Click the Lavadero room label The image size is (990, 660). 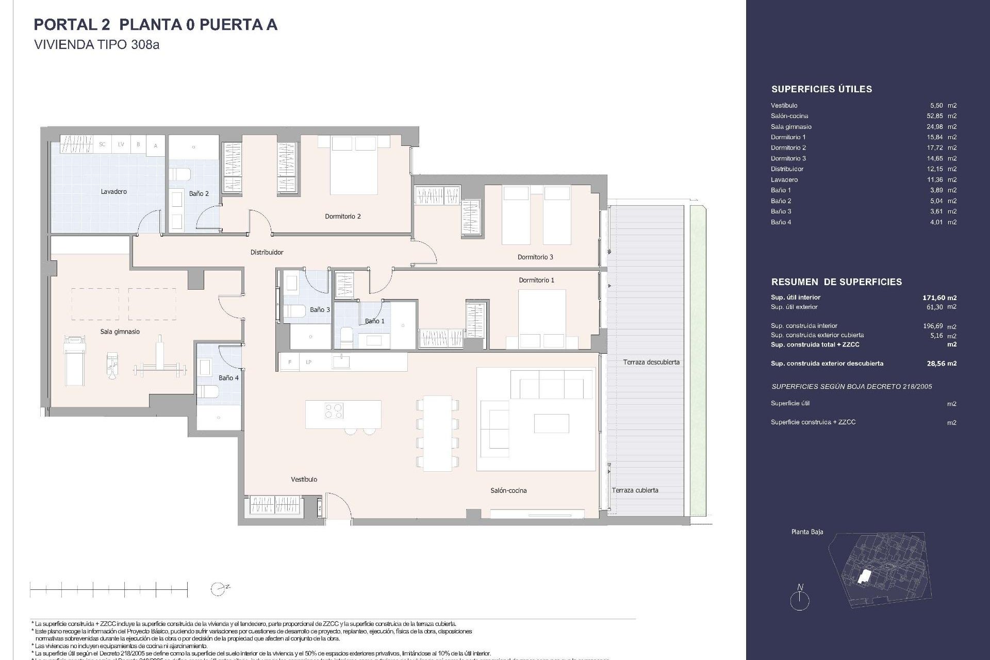[113, 192]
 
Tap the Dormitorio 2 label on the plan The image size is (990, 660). [342, 217]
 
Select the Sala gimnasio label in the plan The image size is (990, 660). [120, 332]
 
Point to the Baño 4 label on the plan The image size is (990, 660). [228, 378]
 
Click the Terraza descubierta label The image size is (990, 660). [651, 362]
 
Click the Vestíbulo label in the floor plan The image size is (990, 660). [304, 480]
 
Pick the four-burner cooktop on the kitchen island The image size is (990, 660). [334, 410]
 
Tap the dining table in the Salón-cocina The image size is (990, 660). [437, 433]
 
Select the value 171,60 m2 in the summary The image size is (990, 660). [939, 298]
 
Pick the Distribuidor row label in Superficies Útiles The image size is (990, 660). [787, 169]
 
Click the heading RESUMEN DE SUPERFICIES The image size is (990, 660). [836, 282]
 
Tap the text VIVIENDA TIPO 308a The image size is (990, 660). [96, 45]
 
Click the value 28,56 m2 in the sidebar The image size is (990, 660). [941, 364]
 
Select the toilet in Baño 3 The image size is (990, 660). [296, 311]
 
